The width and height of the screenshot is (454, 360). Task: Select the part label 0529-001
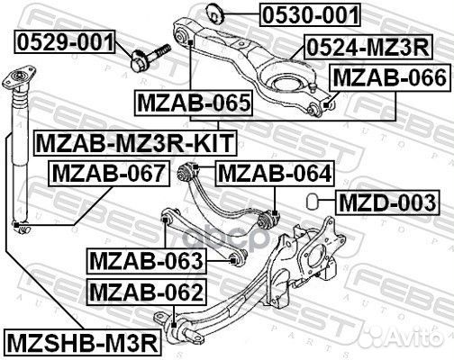pyautogui.click(x=63, y=41)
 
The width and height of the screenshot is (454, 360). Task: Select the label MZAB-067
pyautogui.click(x=107, y=172)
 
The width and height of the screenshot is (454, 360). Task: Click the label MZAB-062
pyautogui.click(x=146, y=292)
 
